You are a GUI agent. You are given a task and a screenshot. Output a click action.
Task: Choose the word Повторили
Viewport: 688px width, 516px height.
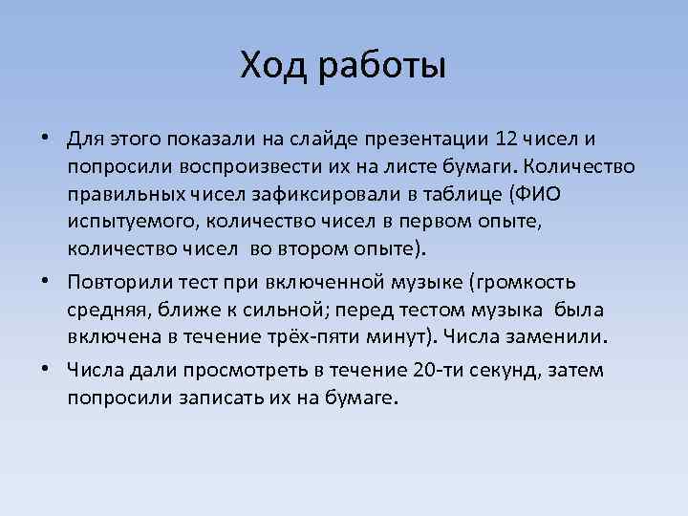120,283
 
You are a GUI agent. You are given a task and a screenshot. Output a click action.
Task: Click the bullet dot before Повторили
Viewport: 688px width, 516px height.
47,284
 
